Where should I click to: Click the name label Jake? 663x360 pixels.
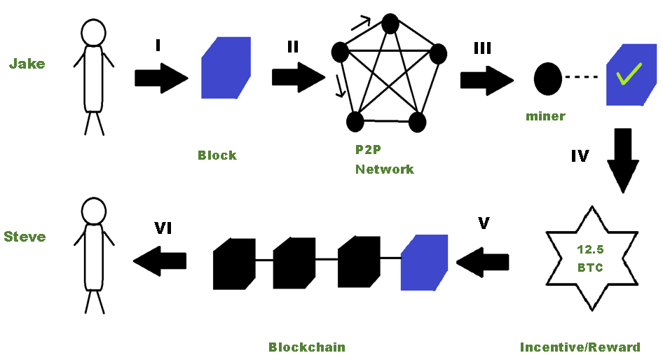pos(27,64)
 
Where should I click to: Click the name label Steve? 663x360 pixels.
pos(25,237)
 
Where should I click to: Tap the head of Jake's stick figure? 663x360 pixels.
pos(93,32)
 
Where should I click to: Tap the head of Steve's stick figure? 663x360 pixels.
pos(93,210)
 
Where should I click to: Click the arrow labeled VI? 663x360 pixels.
pos(160,261)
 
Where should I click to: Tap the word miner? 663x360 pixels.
pos(545,116)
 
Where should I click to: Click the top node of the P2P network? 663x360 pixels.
pos(390,24)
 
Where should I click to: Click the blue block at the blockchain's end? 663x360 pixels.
pos(424,262)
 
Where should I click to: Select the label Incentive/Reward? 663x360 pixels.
pos(580,347)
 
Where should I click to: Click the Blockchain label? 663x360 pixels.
pos(307,347)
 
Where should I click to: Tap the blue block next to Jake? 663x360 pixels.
pos(226,67)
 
